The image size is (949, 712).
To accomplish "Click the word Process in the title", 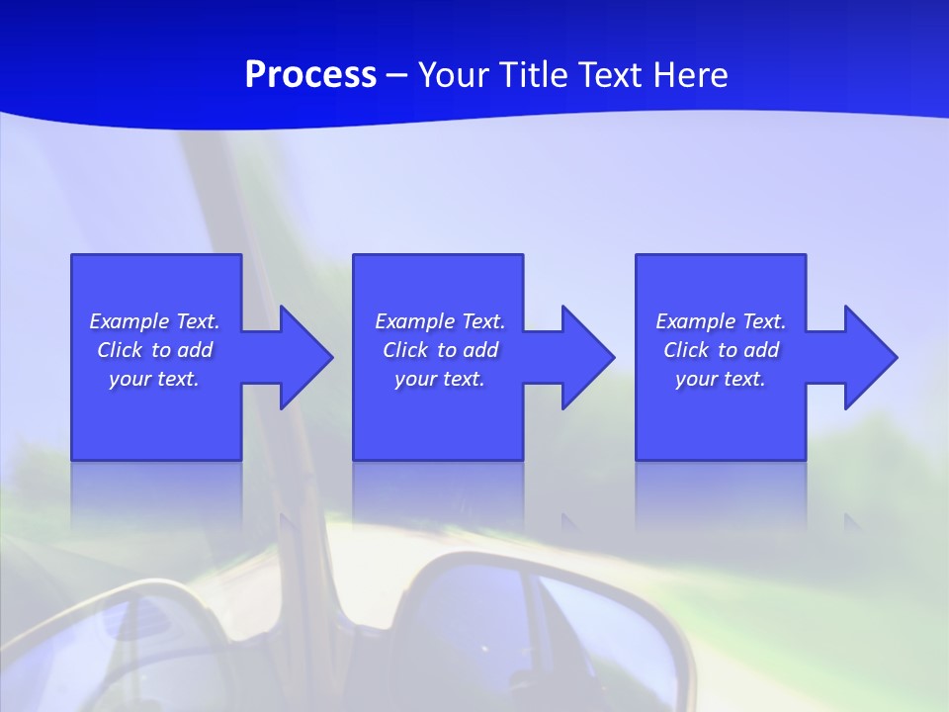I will (x=310, y=74).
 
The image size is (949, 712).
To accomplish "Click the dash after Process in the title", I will (x=397, y=75).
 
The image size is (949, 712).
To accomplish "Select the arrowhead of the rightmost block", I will (x=869, y=357).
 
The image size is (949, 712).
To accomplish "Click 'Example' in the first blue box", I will (x=129, y=321).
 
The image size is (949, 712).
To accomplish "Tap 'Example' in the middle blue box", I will (x=414, y=321).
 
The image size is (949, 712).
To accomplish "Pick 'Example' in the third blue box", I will (x=695, y=321).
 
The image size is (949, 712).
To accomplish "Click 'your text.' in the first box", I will (x=154, y=379).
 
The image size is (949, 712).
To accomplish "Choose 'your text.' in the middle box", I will (x=440, y=379).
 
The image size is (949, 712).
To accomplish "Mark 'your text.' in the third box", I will (x=721, y=379).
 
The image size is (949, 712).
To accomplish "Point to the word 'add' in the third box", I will (x=761, y=350).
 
